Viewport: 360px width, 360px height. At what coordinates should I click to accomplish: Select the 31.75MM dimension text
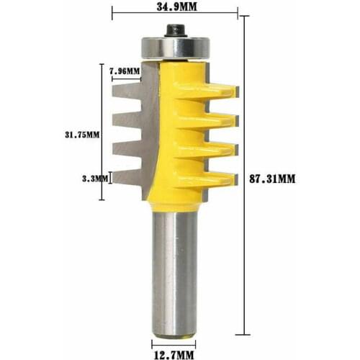(x=80, y=133)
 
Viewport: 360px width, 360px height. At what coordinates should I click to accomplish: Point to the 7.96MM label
(x=124, y=71)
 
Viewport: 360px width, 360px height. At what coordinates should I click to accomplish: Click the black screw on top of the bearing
(x=175, y=30)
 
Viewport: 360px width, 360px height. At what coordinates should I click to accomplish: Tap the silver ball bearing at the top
(x=175, y=47)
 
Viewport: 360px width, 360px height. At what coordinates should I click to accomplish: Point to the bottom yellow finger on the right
(x=212, y=176)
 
